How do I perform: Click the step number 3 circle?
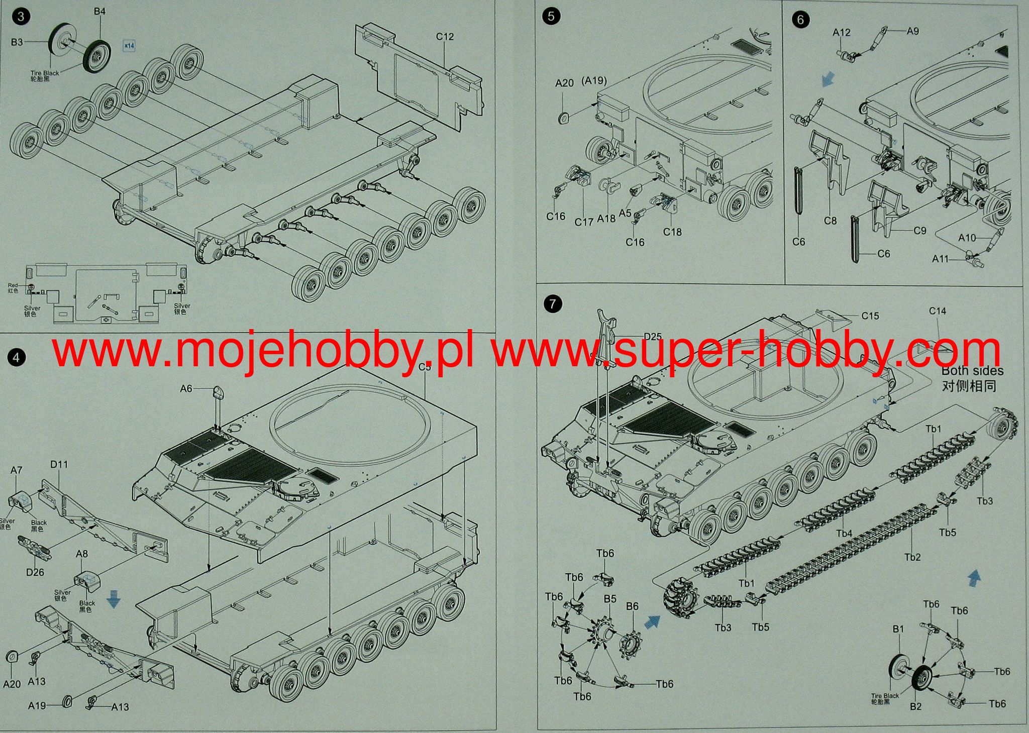[21, 17]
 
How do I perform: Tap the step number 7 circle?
[553, 304]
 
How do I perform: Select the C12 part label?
[445, 37]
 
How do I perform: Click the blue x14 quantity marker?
[129, 46]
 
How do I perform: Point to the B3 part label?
[17, 42]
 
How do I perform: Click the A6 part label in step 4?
[186, 388]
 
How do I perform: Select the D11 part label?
[59, 464]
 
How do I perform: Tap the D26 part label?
[35, 572]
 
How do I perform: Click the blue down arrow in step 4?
[114, 600]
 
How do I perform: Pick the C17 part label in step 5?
[584, 222]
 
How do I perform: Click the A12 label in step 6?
[842, 33]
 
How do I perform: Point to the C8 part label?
[831, 220]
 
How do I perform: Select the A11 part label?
[940, 259]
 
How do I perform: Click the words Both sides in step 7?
[972, 371]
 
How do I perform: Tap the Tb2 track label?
[912, 557]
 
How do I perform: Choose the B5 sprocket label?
[610, 599]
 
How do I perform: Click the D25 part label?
[653, 337]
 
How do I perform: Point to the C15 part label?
[870, 316]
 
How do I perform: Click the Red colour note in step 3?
[13, 285]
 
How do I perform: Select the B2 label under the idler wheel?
[916, 706]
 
